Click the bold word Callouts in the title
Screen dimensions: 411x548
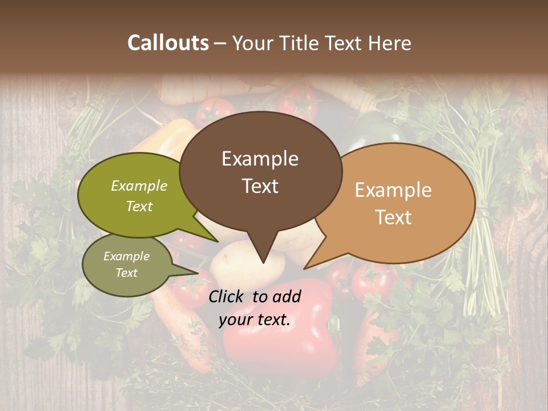(168, 43)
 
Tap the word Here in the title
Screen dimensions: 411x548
(390, 43)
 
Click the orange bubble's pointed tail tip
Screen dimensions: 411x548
(305, 268)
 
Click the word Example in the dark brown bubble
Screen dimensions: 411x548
(260, 159)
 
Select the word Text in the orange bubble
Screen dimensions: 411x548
(394, 217)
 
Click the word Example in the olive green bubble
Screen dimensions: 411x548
(139, 186)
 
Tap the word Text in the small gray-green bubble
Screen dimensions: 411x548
(126, 273)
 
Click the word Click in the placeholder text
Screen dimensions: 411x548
(227, 296)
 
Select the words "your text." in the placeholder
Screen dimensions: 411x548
(255, 320)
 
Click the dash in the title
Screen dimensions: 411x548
(221, 43)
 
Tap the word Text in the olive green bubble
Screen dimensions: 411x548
(139, 206)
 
